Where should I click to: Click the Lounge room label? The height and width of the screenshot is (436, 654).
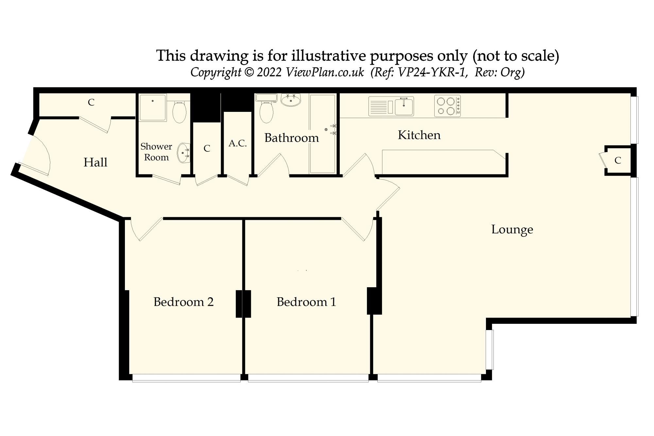(512, 230)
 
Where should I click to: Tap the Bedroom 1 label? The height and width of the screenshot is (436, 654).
(306, 302)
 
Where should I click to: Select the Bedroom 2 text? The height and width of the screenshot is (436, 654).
(183, 302)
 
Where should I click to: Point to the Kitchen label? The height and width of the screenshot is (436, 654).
(419, 135)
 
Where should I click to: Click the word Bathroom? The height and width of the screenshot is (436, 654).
(292, 138)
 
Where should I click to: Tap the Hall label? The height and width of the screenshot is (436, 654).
(95, 162)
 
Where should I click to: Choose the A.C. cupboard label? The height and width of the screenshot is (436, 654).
(238, 143)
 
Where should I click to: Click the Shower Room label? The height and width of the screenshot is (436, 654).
(156, 152)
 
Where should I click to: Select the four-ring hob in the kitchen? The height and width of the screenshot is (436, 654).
(447, 106)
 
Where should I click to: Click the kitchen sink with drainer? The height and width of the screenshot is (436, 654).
(391, 106)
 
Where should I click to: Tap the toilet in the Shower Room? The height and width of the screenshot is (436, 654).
(179, 111)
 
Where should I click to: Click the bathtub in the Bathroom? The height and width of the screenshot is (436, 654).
(322, 134)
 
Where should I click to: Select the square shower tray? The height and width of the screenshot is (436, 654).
(153, 108)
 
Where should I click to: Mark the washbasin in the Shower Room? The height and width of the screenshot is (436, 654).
(184, 153)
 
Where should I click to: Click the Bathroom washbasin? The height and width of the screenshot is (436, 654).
(291, 100)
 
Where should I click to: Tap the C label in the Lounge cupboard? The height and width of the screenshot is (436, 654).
(618, 160)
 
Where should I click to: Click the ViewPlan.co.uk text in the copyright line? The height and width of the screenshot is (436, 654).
(325, 72)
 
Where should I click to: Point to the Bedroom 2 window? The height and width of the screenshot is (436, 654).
(186, 378)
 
